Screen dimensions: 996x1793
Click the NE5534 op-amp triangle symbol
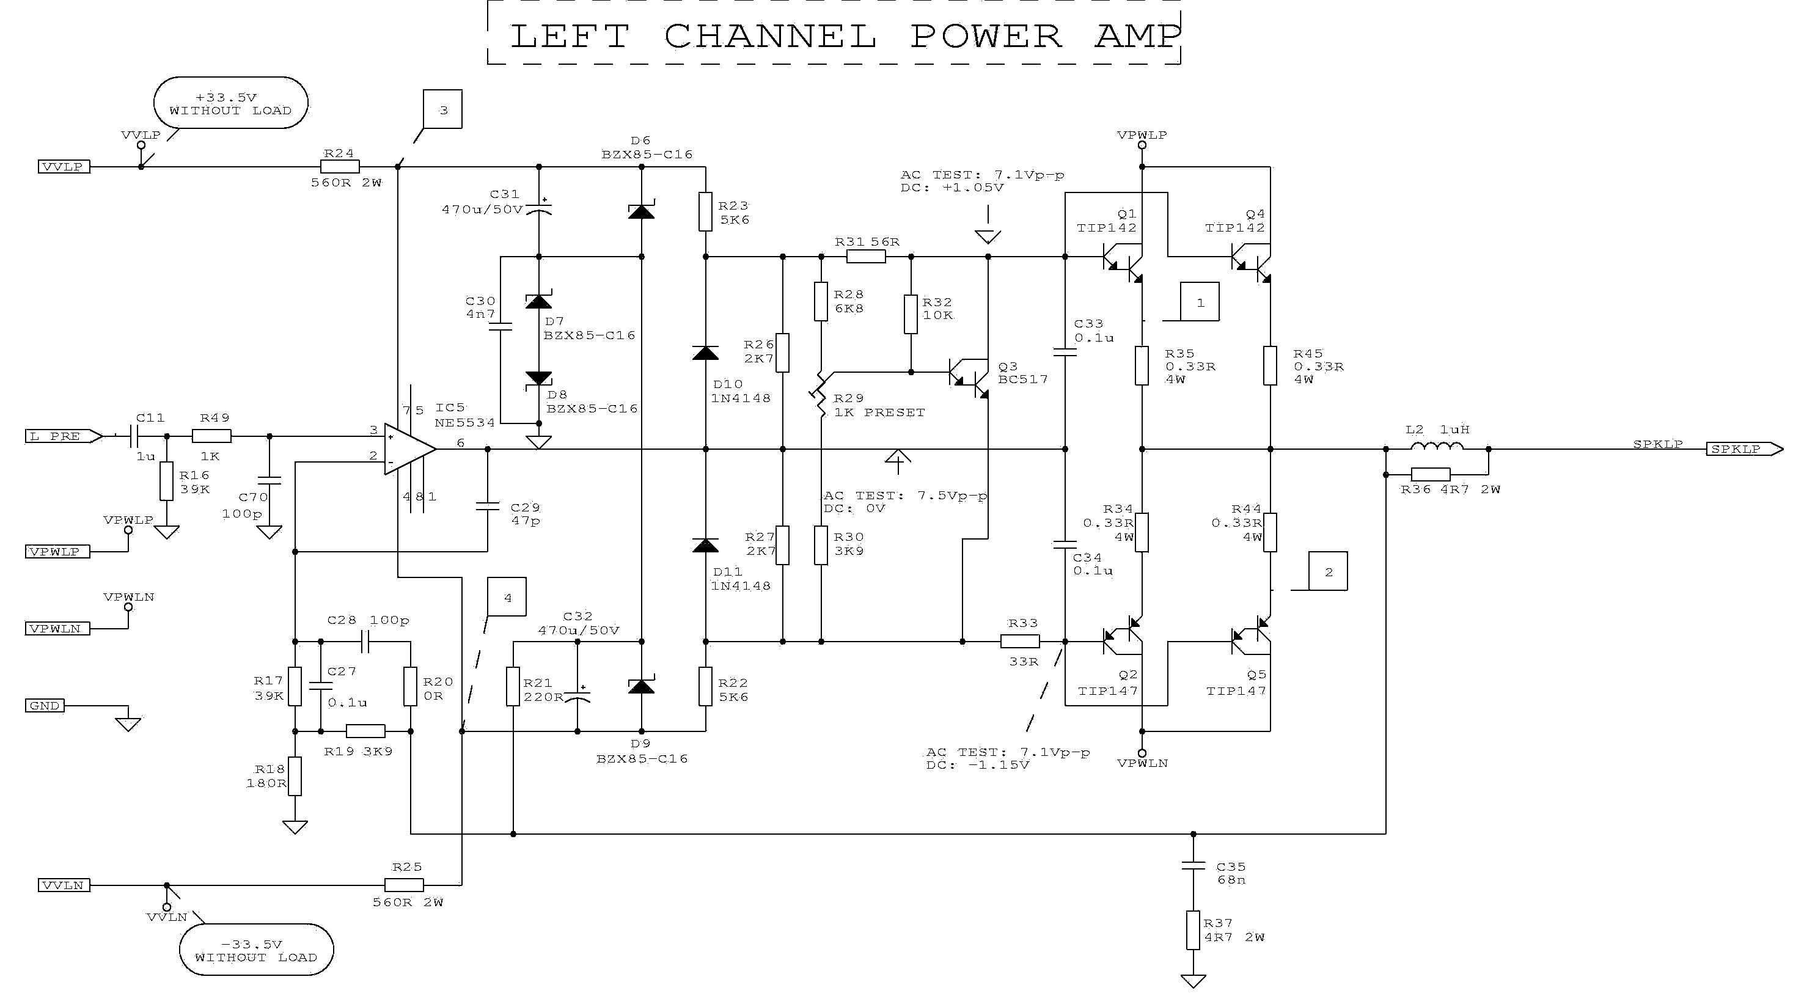click(409, 449)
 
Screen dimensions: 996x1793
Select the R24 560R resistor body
click(340, 166)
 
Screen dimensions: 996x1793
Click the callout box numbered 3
click(442, 109)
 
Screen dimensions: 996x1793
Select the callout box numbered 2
click(1327, 571)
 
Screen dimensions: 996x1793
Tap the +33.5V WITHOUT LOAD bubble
click(230, 103)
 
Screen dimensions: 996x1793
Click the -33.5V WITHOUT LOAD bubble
click(256, 950)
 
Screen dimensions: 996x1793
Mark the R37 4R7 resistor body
click(1193, 930)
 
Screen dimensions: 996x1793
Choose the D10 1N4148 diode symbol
click(705, 353)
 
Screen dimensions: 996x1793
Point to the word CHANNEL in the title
click(770, 36)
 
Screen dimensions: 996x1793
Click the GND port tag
click(45, 705)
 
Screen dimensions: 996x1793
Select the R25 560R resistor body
click(405, 885)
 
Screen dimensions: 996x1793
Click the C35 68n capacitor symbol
click(1193, 866)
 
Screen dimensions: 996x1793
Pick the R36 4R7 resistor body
click(1431, 475)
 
